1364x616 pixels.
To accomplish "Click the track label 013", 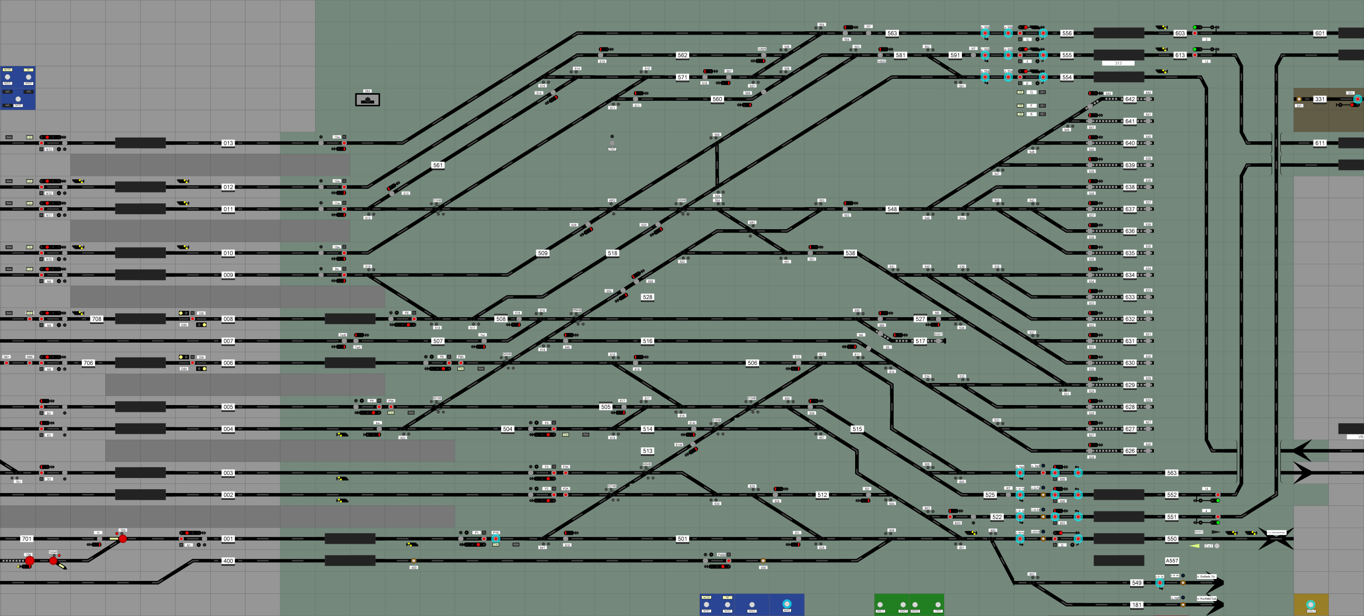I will pos(227,143).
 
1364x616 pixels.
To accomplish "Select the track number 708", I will pos(96,319).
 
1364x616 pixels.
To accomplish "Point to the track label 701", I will pos(26,539).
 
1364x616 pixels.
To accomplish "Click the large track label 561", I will pos(438,165).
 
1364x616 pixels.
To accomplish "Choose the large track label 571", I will pos(682,77).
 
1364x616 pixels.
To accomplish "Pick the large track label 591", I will pos(955,55).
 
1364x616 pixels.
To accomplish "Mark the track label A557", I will pos(1172,560).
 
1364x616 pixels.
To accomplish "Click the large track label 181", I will pos(1137,604).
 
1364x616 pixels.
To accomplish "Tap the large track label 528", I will pos(647,297).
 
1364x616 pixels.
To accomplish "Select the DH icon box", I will pos(367,99).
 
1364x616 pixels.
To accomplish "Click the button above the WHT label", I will pos(787,604).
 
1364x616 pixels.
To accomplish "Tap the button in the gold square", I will pos(1311,604).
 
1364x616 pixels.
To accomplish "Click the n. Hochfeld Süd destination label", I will pos(1206,599).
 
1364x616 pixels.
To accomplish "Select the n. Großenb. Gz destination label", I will pos(1206,576).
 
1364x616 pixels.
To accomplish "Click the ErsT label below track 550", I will pos(1208,546).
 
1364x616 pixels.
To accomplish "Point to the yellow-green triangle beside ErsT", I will pos(1195,546).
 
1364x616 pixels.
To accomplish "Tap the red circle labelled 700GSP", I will pos(53,560).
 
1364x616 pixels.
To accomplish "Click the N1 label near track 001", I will pos(189,545).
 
